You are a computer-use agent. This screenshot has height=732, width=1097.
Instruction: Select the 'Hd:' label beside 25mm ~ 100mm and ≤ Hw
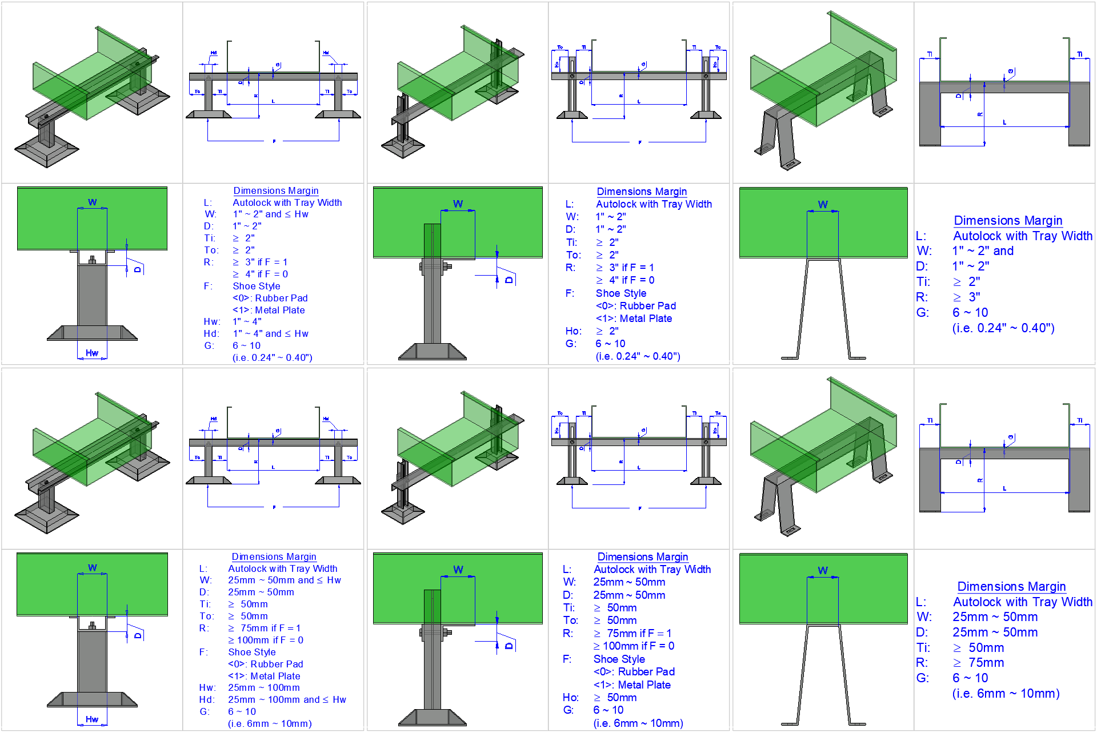tap(207, 699)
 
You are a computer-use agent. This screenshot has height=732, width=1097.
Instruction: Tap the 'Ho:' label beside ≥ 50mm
tap(570, 697)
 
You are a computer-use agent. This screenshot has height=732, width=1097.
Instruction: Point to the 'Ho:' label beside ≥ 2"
tap(573, 331)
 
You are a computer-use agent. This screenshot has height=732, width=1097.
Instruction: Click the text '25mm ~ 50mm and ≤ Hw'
tap(284, 580)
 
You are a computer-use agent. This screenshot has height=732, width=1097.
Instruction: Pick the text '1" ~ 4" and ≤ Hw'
tap(270, 333)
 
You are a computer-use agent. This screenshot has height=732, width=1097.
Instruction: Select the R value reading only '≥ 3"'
tap(966, 297)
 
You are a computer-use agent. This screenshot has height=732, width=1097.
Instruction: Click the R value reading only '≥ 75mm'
tap(978, 662)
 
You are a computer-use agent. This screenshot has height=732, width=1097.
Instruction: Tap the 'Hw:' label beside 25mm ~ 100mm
tap(207, 687)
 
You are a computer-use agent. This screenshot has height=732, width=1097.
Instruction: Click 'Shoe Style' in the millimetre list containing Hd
tap(251, 652)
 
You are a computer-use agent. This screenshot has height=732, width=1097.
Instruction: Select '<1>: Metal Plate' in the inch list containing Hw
tap(269, 310)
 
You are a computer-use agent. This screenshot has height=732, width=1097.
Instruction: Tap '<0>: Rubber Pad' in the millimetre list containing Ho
tap(634, 671)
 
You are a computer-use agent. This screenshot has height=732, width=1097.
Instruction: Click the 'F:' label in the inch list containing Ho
tap(570, 293)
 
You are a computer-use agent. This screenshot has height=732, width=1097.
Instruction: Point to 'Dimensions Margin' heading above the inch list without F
tap(1008, 220)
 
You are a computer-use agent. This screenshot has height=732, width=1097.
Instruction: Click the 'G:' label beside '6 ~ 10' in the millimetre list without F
tap(922, 678)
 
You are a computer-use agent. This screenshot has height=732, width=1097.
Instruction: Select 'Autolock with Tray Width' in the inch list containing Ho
tap(654, 204)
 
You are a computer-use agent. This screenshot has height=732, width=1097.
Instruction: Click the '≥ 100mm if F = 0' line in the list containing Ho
tap(634, 646)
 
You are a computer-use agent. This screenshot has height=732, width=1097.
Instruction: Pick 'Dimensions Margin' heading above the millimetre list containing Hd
tap(274, 556)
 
